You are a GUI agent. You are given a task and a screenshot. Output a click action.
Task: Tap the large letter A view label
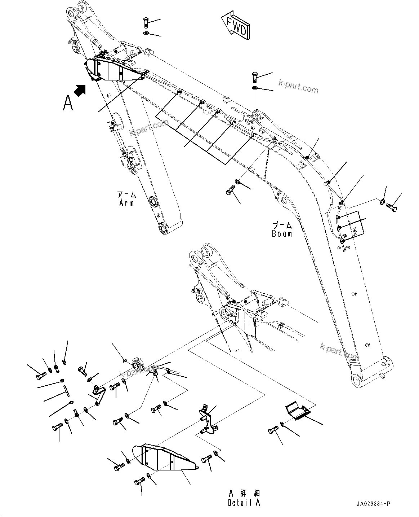[x=68, y=102]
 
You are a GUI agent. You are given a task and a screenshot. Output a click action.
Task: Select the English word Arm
[x=126, y=203]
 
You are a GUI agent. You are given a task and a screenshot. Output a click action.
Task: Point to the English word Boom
[x=282, y=233]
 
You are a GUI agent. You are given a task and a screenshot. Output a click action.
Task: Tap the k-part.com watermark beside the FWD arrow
[x=298, y=87]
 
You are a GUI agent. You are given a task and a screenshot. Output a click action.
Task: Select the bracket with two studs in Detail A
[x=208, y=420]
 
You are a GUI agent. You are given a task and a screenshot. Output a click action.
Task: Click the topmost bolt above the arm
[x=146, y=22]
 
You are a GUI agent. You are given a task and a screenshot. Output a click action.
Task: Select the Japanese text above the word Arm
[x=126, y=195]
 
